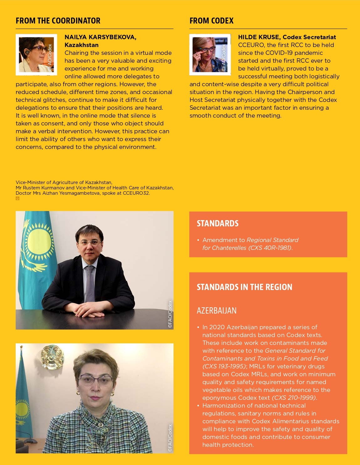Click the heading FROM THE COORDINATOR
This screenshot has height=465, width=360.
(x=58, y=21)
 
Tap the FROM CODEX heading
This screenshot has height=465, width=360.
(x=211, y=21)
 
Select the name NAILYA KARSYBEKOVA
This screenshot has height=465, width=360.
(x=100, y=37)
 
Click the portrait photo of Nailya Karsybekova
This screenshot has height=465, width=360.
(x=36, y=55)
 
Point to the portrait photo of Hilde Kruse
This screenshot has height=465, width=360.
(x=210, y=55)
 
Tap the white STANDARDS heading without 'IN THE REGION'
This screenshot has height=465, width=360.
(x=217, y=223)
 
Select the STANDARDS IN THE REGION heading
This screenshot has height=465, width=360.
(x=244, y=287)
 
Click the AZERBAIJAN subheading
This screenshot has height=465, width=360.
(x=217, y=310)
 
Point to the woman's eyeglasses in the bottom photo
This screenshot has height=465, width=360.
(x=96, y=380)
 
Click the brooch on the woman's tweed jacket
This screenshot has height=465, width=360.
(x=101, y=425)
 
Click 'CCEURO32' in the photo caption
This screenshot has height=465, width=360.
(x=136, y=193)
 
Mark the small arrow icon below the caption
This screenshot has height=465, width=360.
(x=18, y=198)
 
